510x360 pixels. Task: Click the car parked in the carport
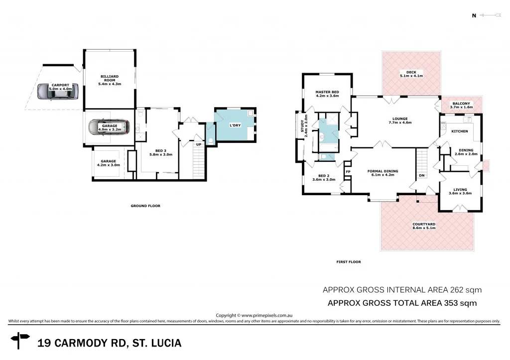[x=57, y=91]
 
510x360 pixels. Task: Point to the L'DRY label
[x=235, y=125]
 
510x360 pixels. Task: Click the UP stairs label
[x=198, y=144]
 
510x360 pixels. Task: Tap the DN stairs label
[x=421, y=175]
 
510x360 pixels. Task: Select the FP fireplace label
[x=348, y=172]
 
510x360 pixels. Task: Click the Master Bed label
[x=327, y=92]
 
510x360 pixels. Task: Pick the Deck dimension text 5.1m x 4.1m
[x=411, y=76]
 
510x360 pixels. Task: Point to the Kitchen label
[x=459, y=131]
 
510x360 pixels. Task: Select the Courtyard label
[x=424, y=224]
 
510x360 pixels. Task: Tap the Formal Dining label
[x=382, y=171]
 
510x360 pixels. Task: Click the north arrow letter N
[x=474, y=15]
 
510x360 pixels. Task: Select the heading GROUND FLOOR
[x=145, y=206]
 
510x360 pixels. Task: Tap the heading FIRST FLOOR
[x=349, y=262]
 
